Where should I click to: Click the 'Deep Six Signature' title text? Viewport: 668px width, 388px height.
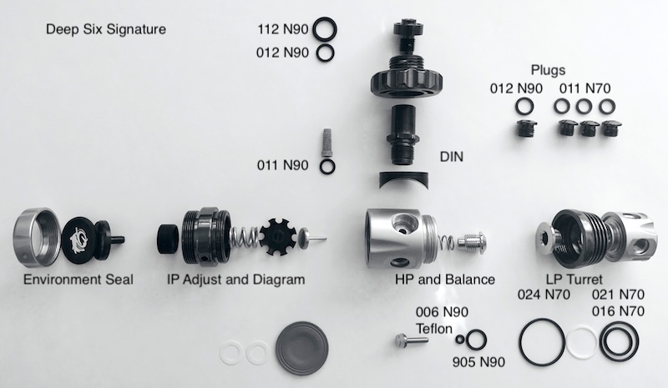coord(106,30)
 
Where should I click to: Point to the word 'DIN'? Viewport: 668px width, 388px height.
coord(451,157)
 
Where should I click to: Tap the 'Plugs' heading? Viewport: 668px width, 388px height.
coord(548,70)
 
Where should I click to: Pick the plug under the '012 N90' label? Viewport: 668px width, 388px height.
coord(525,128)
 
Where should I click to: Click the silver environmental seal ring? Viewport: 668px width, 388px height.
coord(17,234)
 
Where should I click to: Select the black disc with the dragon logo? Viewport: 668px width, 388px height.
coord(79,238)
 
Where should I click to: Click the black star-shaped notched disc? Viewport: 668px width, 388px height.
coord(277,237)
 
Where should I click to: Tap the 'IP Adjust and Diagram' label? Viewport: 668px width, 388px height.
coord(236,280)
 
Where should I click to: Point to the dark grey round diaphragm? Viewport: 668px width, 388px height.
coord(302,348)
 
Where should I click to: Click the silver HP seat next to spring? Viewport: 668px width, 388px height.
coord(472,242)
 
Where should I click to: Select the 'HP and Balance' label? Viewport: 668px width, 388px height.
coord(445,280)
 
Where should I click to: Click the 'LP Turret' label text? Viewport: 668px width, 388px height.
coord(574,280)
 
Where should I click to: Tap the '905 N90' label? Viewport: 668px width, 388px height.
coord(478,362)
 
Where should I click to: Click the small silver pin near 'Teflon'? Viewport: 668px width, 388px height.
coord(411,340)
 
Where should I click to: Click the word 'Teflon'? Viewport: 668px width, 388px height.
coord(434,329)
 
